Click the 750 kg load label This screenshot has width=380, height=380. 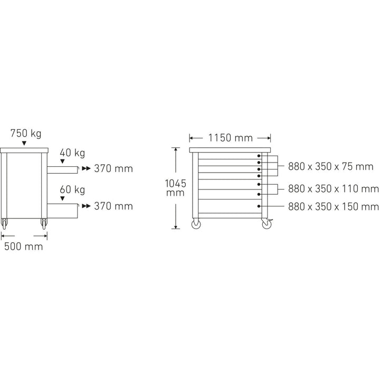point(26,134)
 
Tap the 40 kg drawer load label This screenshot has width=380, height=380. point(72,153)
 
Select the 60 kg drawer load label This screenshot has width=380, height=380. point(72,189)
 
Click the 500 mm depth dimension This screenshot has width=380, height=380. point(24,246)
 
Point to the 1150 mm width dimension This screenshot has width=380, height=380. point(231,138)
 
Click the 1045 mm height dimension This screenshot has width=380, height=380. point(175,188)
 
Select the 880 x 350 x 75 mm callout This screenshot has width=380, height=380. point(330,166)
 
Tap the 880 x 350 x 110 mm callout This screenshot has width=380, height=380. point(333,188)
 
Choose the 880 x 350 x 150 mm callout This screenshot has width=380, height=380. point(333,206)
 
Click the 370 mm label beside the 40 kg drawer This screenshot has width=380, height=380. point(113,169)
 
